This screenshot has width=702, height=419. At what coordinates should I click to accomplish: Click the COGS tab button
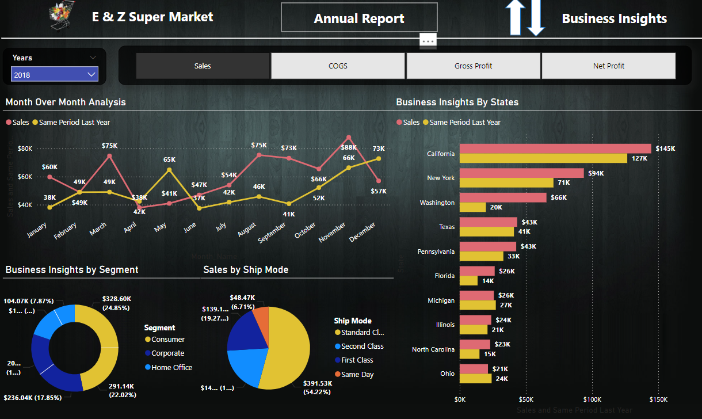pyautogui.click(x=338, y=66)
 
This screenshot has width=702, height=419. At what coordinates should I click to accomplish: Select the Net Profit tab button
pyautogui.click(x=608, y=66)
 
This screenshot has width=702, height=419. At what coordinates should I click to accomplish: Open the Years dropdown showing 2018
pyautogui.click(x=55, y=75)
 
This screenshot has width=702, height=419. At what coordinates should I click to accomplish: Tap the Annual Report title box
pyautogui.click(x=359, y=18)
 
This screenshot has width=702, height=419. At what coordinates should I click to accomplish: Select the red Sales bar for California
pyautogui.click(x=555, y=148)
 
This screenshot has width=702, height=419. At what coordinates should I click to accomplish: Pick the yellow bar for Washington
pyautogui.click(x=473, y=207)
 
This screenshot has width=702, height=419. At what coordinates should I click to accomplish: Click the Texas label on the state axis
pyautogui.click(x=447, y=227)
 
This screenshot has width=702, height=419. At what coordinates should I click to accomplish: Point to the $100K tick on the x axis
pyautogui.click(x=592, y=399)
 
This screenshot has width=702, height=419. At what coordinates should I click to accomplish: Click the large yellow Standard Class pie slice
pyautogui.click(x=288, y=351)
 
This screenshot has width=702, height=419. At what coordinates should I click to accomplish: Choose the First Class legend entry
pyautogui.click(x=357, y=360)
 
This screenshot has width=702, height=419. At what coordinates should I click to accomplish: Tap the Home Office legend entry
pyautogui.click(x=171, y=367)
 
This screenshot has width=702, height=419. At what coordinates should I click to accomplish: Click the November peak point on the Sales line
pyautogui.click(x=349, y=138)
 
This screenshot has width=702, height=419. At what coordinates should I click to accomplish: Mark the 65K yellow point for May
pyautogui.click(x=169, y=170)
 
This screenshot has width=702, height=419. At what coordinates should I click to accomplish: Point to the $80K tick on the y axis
pyautogui.click(x=25, y=148)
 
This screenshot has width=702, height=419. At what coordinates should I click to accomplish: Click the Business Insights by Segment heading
pyautogui.click(x=72, y=269)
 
